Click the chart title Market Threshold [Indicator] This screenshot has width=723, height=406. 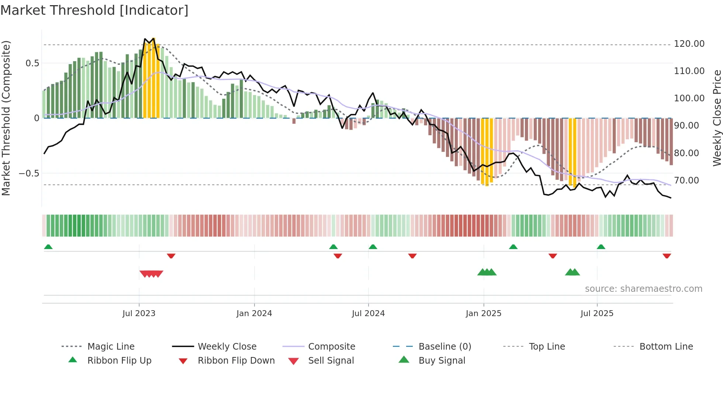[x=94, y=10]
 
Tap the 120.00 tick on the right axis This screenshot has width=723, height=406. [x=689, y=44]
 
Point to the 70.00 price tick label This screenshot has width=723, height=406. [x=686, y=181]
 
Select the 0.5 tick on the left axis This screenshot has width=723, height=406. [x=32, y=63]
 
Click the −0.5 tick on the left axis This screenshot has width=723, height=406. [x=29, y=174]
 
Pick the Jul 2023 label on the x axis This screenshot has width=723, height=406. [x=139, y=314]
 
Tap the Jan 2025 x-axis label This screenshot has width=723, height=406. [x=483, y=314]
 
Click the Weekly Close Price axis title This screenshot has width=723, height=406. [x=717, y=118]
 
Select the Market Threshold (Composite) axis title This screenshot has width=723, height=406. [x=6, y=118]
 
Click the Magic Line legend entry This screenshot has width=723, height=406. [x=111, y=347]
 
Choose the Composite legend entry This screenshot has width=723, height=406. [x=331, y=347]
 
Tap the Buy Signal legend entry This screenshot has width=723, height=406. [x=442, y=361]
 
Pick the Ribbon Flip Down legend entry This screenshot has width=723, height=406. [x=236, y=361]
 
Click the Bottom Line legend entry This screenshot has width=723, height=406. [x=666, y=347]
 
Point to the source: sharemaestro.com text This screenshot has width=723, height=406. [x=643, y=289]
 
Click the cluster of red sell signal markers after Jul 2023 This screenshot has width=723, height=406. [x=151, y=274]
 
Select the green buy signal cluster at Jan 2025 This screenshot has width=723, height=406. [x=487, y=272]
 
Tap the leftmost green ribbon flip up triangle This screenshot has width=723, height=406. [x=48, y=247]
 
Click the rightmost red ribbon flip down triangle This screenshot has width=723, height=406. [x=667, y=256]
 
